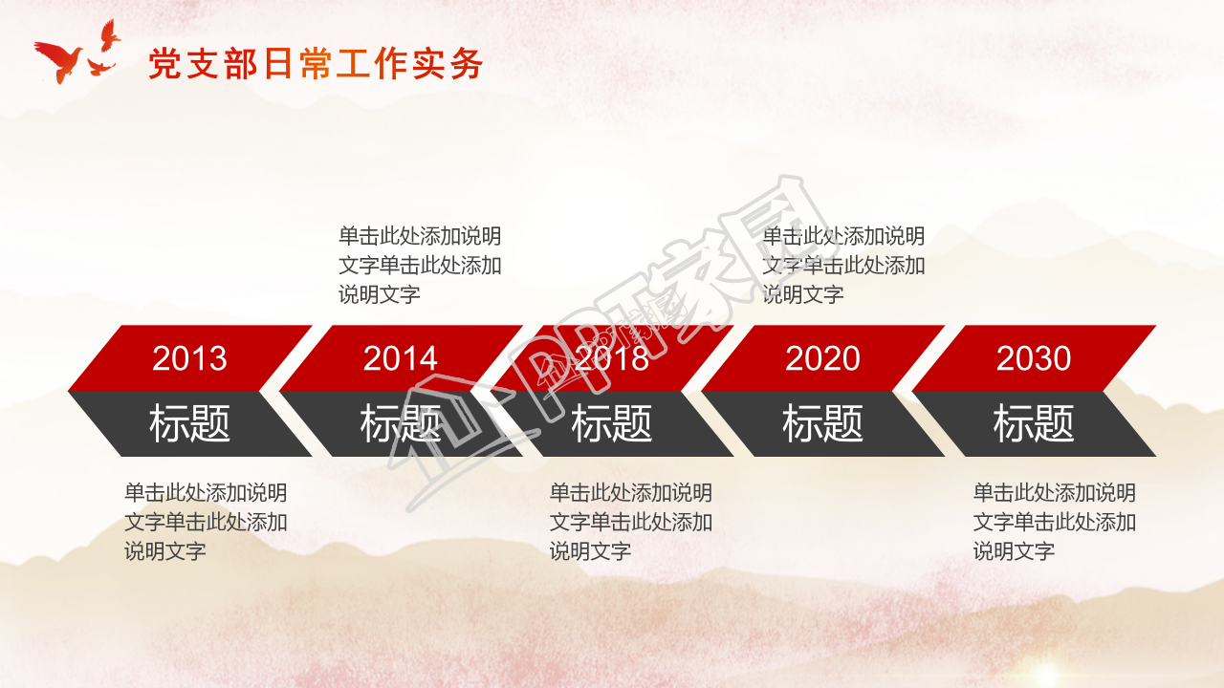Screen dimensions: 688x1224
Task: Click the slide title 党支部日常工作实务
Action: [x=316, y=64]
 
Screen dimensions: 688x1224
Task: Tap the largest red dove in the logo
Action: [x=59, y=59]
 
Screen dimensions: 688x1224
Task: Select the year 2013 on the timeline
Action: [x=189, y=358]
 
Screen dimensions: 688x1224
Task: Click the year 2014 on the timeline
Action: [x=401, y=358]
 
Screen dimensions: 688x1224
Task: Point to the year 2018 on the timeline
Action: [x=612, y=358]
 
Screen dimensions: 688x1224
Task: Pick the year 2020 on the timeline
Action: [x=822, y=358]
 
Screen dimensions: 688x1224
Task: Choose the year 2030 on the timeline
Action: [x=1034, y=358]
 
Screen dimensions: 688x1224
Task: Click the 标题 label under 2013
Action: [x=189, y=423]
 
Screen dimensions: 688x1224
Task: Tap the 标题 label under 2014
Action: [x=401, y=423]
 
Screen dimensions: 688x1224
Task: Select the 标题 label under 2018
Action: [x=612, y=423]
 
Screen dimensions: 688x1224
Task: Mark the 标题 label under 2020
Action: [x=822, y=423]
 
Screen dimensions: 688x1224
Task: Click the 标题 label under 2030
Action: [x=1034, y=423]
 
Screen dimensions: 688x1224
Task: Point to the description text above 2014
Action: [x=420, y=265]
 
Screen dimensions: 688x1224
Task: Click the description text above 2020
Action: [x=843, y=265]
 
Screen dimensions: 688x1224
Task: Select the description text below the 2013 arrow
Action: [x=206, y=522]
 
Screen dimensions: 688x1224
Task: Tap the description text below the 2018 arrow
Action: [x=630, y=522]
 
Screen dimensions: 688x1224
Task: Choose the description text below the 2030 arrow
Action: [x=1055, y=522]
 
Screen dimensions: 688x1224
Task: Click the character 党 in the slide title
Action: [x=164, y=64]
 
